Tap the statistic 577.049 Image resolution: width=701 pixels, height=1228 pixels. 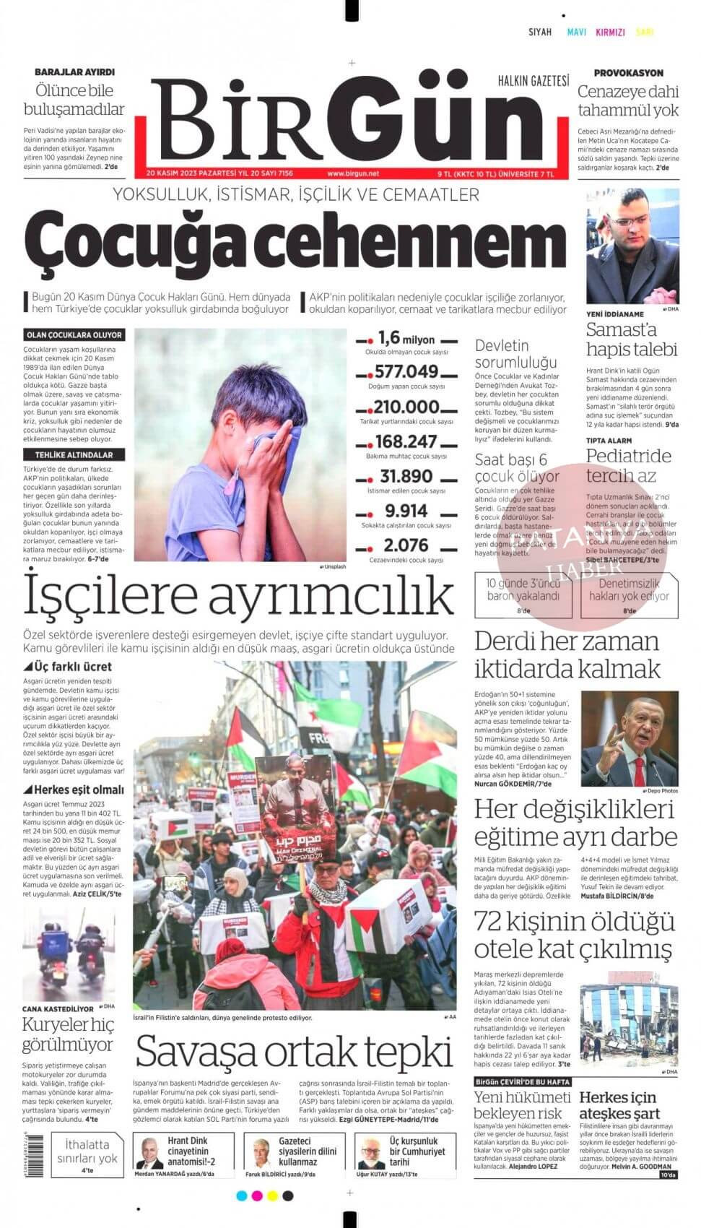(406, 372)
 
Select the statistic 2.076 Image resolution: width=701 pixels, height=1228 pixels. (406, 545)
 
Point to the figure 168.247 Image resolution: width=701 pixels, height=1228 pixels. (406, 441)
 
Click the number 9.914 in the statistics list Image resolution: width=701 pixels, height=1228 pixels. (406, 511)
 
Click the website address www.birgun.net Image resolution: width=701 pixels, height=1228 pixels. (353, 174)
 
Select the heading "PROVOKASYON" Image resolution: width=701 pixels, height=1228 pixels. (628, 73)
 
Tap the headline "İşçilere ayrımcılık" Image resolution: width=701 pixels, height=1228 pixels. (239, 596)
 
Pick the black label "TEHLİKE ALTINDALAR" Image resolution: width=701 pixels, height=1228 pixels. (74, 455)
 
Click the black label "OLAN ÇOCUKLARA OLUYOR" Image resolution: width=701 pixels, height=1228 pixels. (74, 335)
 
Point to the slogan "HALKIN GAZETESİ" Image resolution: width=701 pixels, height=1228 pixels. (534, 80)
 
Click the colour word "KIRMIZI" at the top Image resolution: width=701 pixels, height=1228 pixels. (610, 32)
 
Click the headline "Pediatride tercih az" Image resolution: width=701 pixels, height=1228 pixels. (628, 466)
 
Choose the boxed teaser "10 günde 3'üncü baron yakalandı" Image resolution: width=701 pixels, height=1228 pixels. (523, 590)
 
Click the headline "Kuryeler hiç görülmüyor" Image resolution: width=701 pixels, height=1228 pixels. (68, 1034)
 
